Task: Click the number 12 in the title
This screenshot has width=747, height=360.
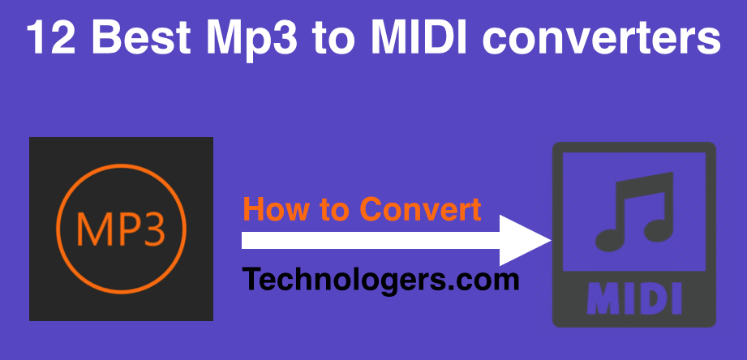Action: click(51, 36)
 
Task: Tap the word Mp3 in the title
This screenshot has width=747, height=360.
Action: click(252, 40)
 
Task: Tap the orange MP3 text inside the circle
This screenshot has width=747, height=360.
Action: click(121, 229)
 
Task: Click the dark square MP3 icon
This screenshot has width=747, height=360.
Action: click(121, 229)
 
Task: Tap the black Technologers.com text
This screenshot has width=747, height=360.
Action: click(380, 280)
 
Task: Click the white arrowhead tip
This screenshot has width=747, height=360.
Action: click(552, 241)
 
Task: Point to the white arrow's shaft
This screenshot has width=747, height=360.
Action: click(371, 241)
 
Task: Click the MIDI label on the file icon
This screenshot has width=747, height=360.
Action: click(634, 299)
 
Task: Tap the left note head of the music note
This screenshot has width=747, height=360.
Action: click(610, 239)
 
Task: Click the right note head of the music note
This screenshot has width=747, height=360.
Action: click(659, 230)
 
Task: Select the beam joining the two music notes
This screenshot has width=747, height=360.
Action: click(644, 183)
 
